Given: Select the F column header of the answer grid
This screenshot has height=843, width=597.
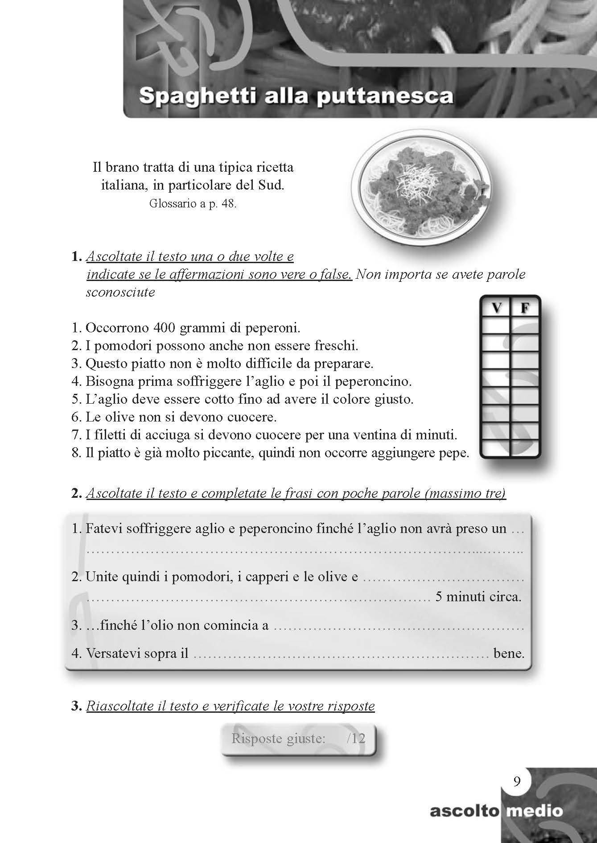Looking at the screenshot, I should [524, 309].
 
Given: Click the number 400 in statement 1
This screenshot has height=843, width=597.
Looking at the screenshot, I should [164, 328].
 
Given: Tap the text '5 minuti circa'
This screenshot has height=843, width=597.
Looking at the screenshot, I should [478, 597].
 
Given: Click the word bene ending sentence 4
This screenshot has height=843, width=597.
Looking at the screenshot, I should [509, 654].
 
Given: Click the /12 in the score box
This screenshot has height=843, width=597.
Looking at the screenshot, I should [355, 738].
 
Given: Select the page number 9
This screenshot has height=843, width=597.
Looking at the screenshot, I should [517, 782].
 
